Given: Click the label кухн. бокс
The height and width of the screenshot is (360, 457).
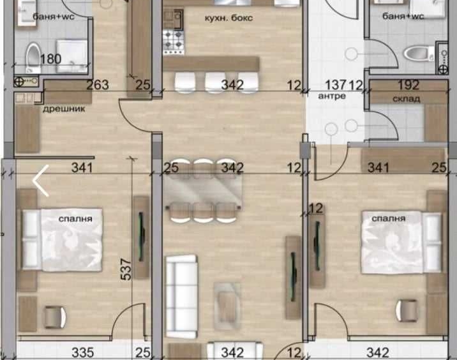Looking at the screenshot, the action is (x=228, y=18).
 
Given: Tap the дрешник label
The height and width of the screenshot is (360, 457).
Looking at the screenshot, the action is (x=64, y=109).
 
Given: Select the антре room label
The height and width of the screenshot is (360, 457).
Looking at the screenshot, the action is (x=332, y=96).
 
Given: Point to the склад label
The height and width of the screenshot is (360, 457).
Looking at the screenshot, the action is (x=407, y=99).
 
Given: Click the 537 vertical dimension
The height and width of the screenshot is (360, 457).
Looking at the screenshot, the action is (x=126, y=269).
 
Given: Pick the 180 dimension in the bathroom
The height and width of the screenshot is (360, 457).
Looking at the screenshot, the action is (x=50, y=59).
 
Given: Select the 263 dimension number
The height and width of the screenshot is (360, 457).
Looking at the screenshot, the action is (x=98, y=85).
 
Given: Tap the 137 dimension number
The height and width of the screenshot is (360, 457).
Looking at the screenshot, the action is (x=336, y=85).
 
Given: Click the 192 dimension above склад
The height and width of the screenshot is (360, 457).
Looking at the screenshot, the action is (x=408, y=85).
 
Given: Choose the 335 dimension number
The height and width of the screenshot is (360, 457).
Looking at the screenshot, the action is (x=83, y=353).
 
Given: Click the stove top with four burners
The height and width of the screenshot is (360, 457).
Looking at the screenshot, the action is (x=174, y=43).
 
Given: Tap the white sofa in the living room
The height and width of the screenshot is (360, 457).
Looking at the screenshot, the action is (x=181, y=297).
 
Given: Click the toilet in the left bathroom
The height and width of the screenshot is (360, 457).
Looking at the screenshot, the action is (x=33, y=57).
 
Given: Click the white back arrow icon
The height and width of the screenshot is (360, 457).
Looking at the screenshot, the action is (x=40, y=181).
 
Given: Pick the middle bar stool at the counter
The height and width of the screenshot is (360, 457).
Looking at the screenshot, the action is (x=215, y=82).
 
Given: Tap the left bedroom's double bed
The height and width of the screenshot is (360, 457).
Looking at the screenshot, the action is (x=63, y=239).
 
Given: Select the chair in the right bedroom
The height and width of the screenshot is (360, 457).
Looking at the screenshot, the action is (x=407, y=311).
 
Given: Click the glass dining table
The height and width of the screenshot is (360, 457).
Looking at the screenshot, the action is (x=203, y=190).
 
